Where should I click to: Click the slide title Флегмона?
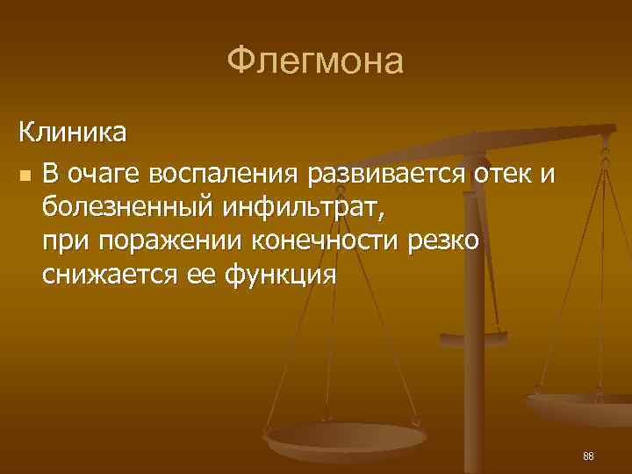coord(315,61)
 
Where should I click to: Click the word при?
coord(61,241)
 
